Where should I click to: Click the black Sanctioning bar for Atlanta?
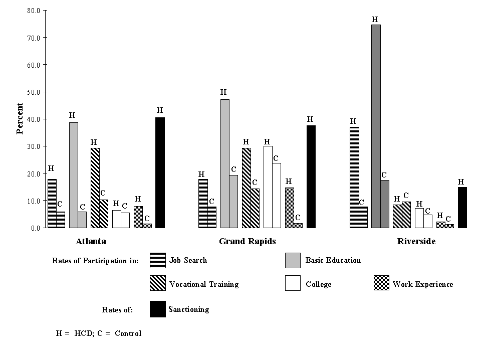pyautogui.click(x=160, y=172)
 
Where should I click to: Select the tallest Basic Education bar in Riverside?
pyautogui.click(x=376, y=126)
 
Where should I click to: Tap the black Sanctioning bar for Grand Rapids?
pyautogui.click(x=311, y=176)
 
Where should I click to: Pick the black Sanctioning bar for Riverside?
pyautogui.click(x=462, y=207)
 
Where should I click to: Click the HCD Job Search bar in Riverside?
pyautogui.click(x=354, y=177)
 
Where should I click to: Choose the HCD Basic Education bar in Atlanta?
pyautogui.click(x=73, y=175)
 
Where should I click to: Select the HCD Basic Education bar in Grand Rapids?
pyautogui.click(x=225, y=163)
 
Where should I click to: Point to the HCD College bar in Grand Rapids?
pyautogui.click(x=268, y=187)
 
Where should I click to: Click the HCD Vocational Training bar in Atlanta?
pyautogui.click(x=95, y=188)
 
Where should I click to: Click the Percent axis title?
pyautogui.click(x=20, y=119)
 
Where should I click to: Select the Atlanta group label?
pyautogui.click(x=91, y=241)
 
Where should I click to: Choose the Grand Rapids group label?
pyautogui.click(x=248, y=241)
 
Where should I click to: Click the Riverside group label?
pyautogui.click(x=416, y=241)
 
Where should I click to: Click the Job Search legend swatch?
pyautogui.click(x=158, y=260)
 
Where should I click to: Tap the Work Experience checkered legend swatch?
pyautogui.click(x=381, y=284)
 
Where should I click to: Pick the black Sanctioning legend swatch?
pyautogui.click(x=158, y=309)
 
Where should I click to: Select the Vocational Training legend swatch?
pyautogui.click(x=158, y=284)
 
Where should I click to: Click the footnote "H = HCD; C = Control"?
pyautogui.click(x=99, y=333)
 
